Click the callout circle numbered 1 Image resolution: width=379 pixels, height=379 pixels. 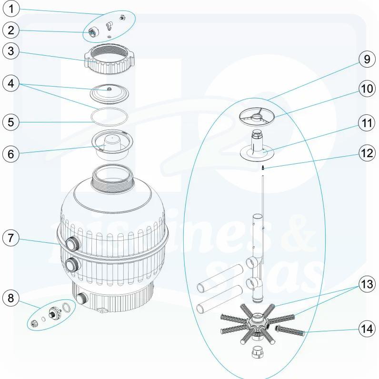click(12, 9)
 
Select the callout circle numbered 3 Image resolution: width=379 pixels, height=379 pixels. click(12, 52)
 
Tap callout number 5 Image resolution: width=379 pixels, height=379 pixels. click(12, 121)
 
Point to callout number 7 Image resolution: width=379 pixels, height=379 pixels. click(12, 237)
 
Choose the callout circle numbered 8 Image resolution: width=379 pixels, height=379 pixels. click(12, 299)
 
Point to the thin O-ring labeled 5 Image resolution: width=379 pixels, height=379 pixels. click(110, 116)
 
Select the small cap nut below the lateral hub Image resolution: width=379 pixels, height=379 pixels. click(258, 354)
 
